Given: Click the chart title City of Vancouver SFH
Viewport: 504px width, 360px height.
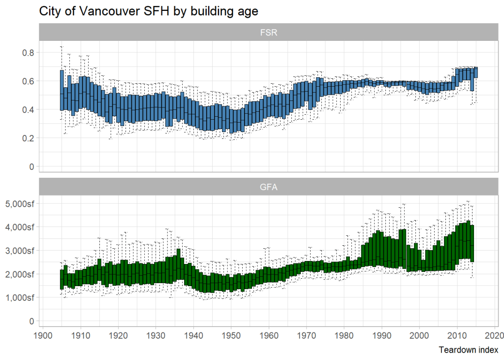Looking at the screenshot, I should [148, 11].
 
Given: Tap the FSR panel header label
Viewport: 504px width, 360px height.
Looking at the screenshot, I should [268, 33].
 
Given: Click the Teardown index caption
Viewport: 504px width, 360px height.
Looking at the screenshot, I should [468, 350].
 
